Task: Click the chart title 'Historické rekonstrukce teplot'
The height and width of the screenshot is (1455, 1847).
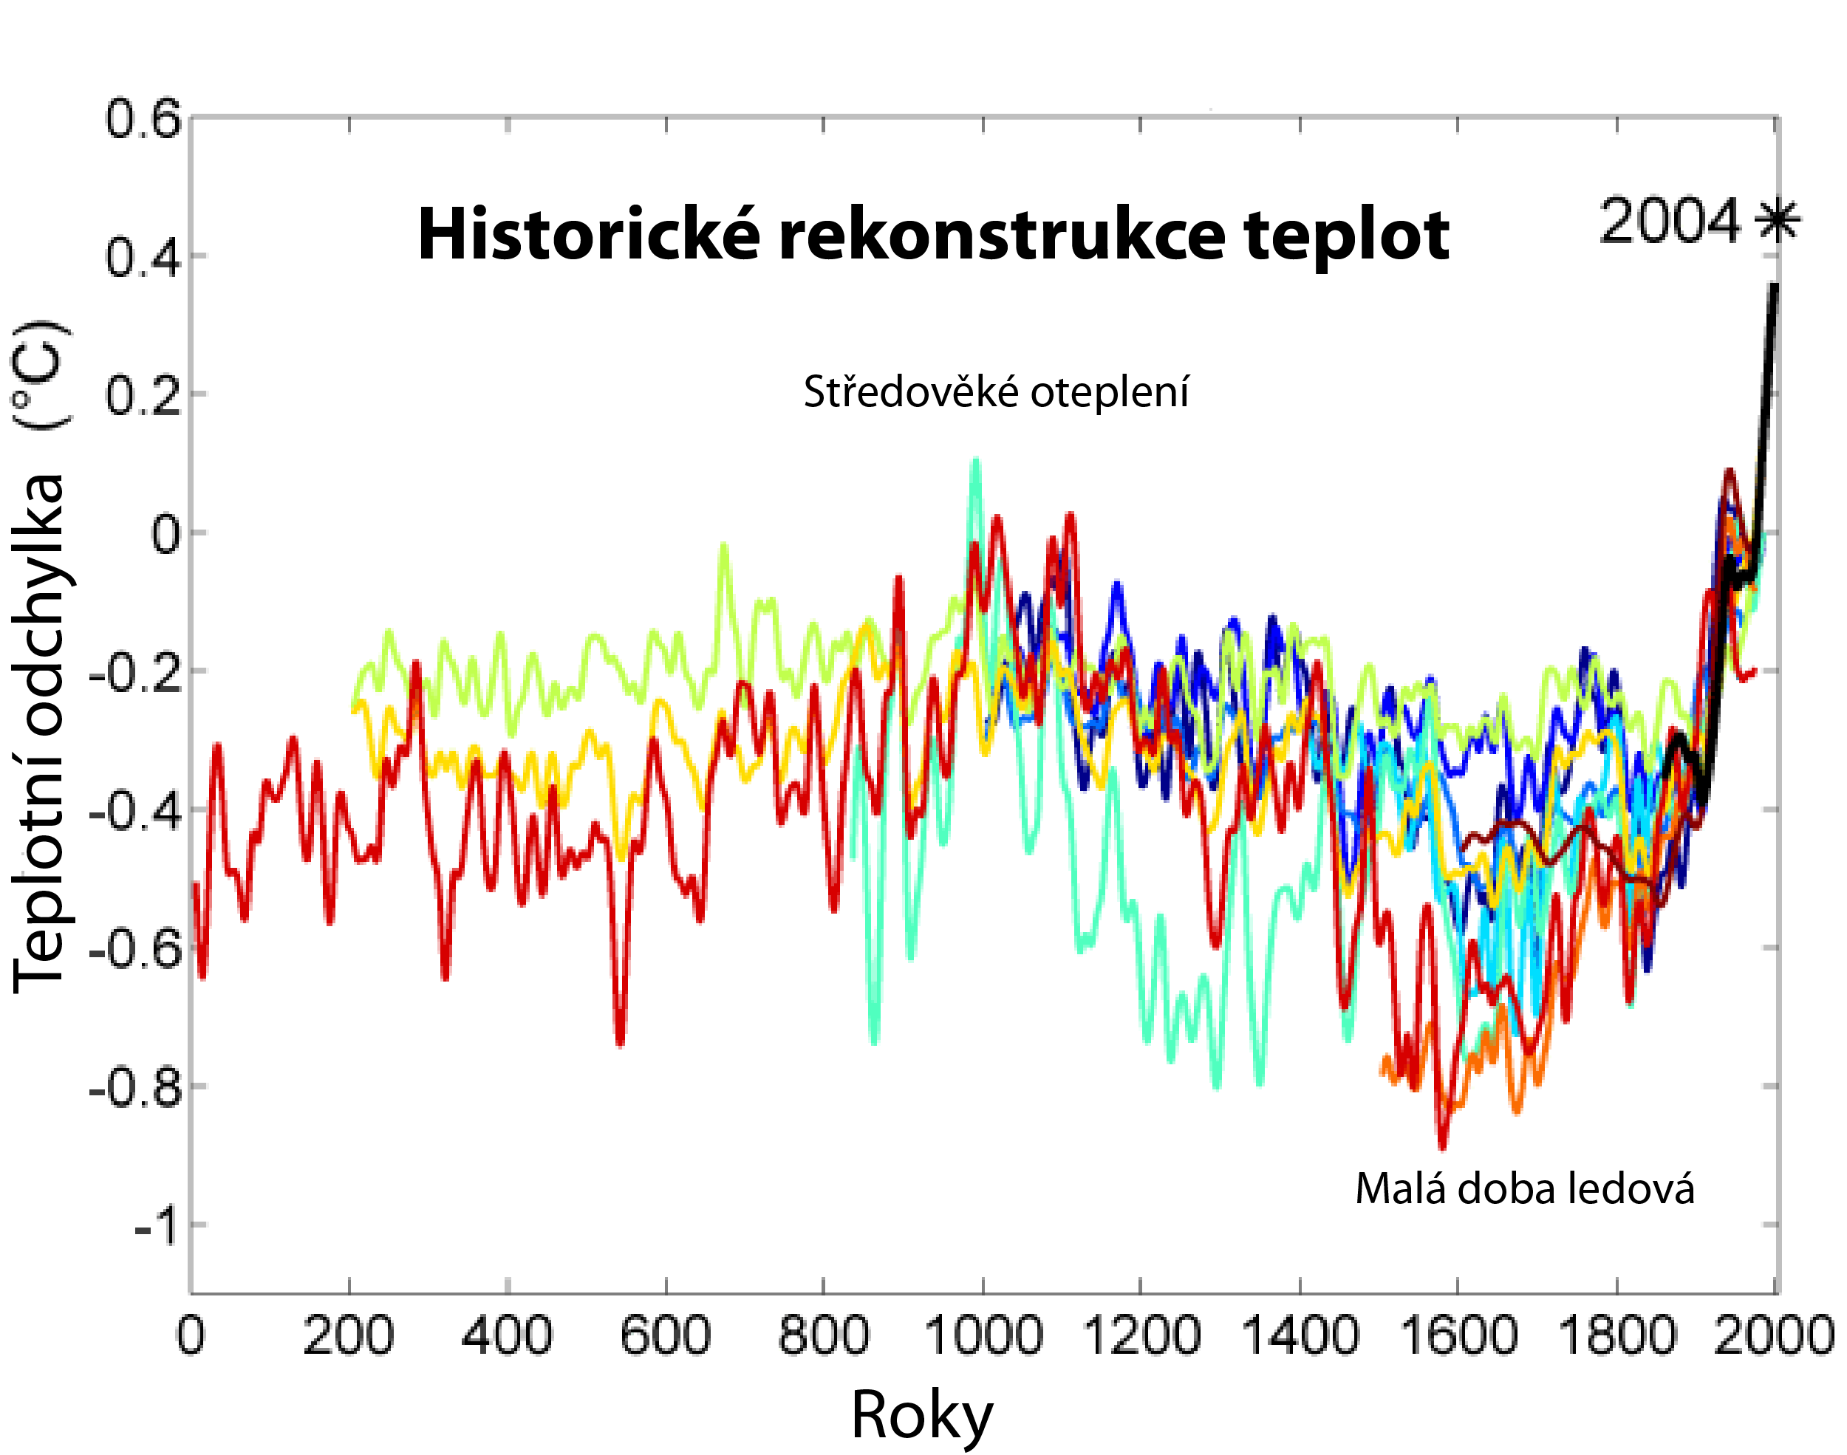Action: pos(933,235)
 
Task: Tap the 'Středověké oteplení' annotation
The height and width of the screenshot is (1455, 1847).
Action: pos(996,393)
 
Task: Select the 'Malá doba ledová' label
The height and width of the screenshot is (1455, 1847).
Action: pos(1525,1188)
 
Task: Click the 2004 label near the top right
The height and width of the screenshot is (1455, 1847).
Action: pos(1670,222)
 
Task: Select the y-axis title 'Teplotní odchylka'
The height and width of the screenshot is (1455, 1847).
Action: pos(39,733)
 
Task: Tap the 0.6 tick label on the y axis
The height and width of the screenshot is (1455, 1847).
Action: pos(143,119)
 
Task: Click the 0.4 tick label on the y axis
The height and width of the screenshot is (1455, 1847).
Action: pos(143,257)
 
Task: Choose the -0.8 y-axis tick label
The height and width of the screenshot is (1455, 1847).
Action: pos(137,1089)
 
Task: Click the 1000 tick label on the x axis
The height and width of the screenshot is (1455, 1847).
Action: pos(983,1334)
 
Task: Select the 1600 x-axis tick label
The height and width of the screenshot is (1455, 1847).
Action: pos(1458,1334)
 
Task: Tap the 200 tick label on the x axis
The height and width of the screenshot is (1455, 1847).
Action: pos(349,1334)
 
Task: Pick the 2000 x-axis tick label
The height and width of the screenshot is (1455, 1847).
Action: pos(1775,1334)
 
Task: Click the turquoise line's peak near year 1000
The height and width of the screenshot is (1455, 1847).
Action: pos(974,461)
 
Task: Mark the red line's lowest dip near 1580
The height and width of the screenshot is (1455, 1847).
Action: pos(1441,1145)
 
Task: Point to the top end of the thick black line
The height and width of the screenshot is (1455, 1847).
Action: pos(1775,287)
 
